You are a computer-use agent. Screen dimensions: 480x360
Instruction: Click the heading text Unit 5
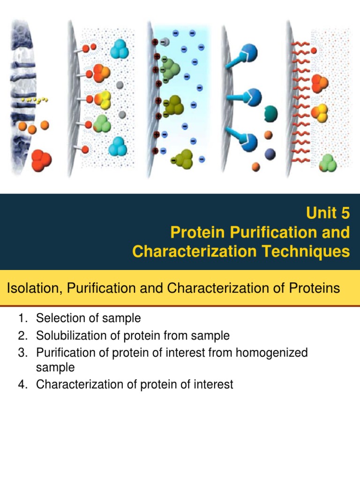[x=328, y=213]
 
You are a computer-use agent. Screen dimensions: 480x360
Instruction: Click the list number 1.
[x=22, y=319]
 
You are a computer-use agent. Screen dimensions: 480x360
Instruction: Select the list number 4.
[x=22, y=385]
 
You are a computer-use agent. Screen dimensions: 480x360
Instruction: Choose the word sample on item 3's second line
[x=55, y=368]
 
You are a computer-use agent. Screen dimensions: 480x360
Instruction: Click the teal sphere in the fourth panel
[x=270, y=113]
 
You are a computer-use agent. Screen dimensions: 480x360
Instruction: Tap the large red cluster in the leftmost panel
[x=41, y=160]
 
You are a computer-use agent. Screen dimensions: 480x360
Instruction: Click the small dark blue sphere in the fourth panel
[x=270, y=154]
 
